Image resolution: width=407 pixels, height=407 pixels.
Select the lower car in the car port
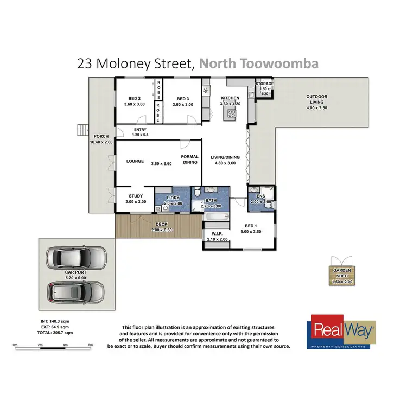click(76, 292)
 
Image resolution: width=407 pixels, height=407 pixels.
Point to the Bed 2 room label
click(135, 101)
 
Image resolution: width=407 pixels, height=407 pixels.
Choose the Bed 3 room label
click(183, 101)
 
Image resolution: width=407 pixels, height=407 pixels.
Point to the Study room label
click(136, 199)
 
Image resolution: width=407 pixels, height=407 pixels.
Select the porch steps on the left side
click(82, 130)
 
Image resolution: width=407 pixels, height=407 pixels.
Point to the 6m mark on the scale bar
click(90, 345)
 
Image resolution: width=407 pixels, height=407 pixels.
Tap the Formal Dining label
click(190, 159)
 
